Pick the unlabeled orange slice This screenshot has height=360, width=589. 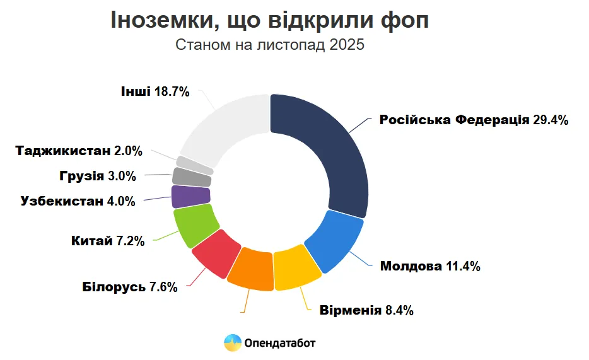[x=251, y=270]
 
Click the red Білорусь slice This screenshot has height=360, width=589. [x=216, y=253]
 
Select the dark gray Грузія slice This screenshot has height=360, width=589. [x=191, y=177]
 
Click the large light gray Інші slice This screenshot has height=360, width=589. [x=224, y=126]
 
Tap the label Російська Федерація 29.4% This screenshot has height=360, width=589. [x=474, y=120]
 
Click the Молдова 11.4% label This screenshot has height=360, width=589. [x=430, y=266]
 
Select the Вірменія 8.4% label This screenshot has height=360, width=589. [x=366, y=310]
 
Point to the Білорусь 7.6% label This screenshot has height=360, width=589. [x=129, y=287]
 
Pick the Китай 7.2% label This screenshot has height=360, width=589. [x=108, y=241]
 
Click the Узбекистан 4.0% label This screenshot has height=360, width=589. [x=78, y=202]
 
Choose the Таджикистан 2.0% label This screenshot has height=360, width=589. [x=79, y=151]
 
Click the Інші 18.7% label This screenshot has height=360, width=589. [x=155, y=92]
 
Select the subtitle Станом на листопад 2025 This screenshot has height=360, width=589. [x=270, y=46]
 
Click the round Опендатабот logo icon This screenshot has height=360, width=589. [x=232, y=343]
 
